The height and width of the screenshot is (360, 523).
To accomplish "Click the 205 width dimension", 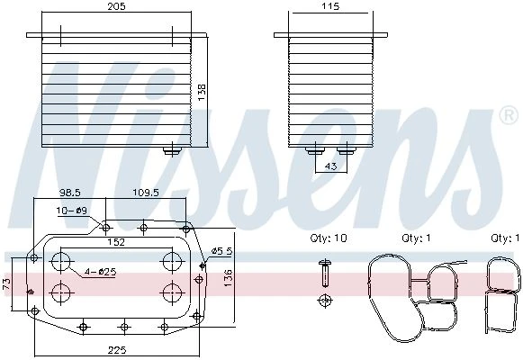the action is pos(116,6).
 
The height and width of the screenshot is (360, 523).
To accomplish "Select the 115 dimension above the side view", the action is pos(331,6).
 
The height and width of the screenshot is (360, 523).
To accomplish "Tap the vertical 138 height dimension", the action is pos(202,93).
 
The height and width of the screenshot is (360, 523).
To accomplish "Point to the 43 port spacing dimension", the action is pos(330,166).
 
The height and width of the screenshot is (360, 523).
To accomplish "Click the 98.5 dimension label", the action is pos(70,193).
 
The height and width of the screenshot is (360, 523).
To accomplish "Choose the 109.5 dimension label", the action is pos(146,193).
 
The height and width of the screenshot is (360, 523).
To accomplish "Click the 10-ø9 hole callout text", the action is pos(72,211).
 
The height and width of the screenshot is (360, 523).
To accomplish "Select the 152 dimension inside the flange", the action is pos(116,242).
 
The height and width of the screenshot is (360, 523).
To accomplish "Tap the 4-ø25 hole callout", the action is pos(100,272).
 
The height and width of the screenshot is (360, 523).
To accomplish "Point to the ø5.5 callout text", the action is pos(222,251).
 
